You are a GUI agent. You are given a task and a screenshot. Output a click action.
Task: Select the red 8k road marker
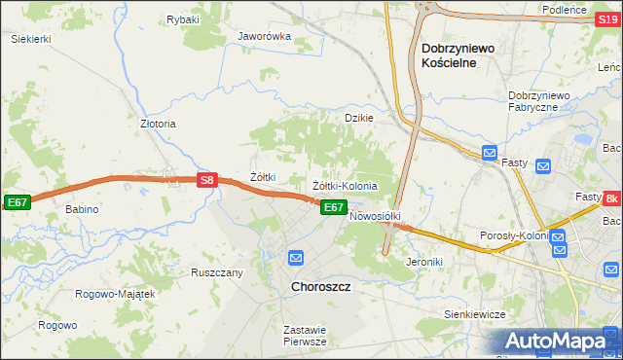point(611,198)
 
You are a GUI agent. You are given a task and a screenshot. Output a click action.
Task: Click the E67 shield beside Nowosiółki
point(333,207)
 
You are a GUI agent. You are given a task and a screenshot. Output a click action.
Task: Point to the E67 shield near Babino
point(17,201)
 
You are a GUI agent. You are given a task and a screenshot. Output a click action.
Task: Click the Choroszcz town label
point(321,287)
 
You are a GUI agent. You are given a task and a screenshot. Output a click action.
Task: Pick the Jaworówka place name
point(265,37)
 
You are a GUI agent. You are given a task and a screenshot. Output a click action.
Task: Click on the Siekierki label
point(30,39)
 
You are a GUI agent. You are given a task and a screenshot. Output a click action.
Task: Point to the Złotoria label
point(158,124)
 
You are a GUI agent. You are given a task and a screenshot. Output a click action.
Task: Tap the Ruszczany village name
point(216,272)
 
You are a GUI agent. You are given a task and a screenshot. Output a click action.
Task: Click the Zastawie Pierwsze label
point(304,336)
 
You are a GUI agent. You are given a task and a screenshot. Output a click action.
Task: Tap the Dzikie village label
point(359,117)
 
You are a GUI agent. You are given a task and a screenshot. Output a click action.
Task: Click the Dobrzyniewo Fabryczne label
point(537,101)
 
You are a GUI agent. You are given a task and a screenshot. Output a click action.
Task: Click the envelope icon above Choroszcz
point(296,258)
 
